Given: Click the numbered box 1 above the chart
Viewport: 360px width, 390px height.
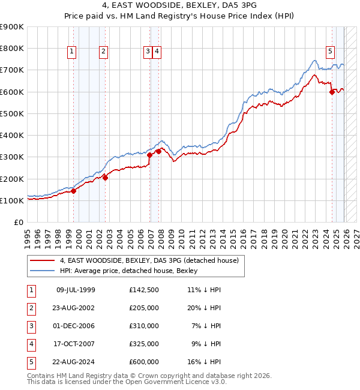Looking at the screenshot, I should coord(71,52).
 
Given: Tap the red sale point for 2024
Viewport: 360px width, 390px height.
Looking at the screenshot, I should coord(332,92).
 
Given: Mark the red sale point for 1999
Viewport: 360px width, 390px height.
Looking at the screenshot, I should coord(73,191).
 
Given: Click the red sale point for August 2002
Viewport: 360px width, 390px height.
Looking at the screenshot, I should coord(105,178).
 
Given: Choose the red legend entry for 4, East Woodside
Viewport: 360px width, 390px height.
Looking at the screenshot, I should coord(149,260).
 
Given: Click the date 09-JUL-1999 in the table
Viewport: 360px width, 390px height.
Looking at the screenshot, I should coord(76,290).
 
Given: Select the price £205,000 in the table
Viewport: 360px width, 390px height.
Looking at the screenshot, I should coord(144,308).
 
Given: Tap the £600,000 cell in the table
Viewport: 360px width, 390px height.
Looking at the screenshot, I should coord(144,362).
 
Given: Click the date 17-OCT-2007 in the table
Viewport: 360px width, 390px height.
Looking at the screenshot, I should coord(76,344).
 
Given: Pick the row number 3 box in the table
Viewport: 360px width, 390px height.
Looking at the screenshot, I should coord(31,326).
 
